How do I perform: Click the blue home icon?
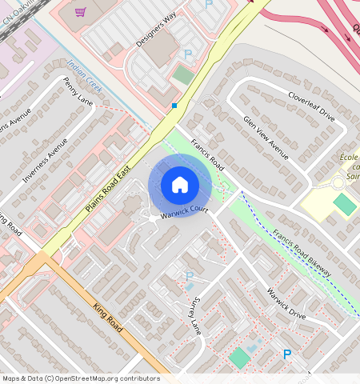tap(180, 185)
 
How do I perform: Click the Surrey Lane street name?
tap(195, 313)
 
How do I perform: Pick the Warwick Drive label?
tap(286, 304)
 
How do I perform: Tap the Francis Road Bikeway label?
tap(301, 254)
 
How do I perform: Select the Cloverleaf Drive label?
tap(311, 105)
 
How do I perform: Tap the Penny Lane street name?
tap(78, 91)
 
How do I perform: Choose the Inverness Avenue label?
tap(46, 160)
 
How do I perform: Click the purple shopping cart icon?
tap(80, 11)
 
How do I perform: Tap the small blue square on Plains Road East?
tap(174, 105)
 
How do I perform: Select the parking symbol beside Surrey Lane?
tap(190, 277)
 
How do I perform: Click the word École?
tap(349, 158)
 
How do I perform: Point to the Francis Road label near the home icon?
tap(206, 152)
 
